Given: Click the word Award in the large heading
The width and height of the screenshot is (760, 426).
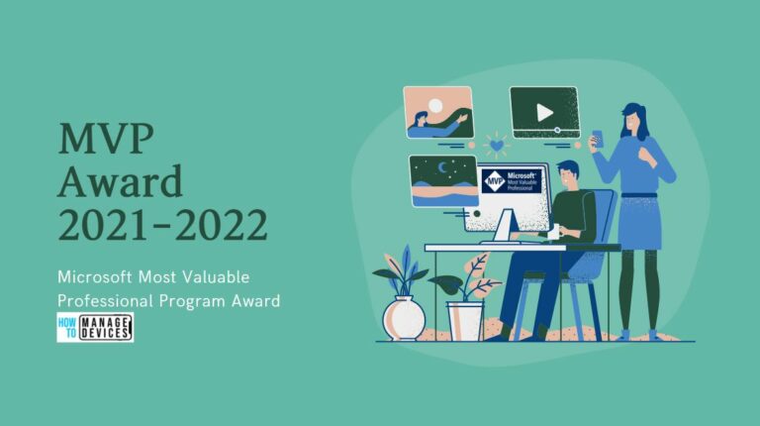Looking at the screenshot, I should (121, 182).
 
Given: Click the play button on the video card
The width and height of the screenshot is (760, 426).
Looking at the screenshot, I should (544, 112).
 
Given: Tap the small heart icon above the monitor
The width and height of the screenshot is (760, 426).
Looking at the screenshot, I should (495, 145).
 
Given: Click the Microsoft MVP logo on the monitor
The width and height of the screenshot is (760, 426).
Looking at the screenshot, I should (513, 181).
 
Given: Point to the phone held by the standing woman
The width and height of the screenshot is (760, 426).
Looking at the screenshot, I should (597, 139).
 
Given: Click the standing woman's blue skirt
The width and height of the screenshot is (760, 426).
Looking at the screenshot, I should (641, 222).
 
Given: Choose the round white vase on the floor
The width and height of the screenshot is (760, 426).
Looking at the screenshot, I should (404, 317).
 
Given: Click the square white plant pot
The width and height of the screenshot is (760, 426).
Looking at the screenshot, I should (464, 321).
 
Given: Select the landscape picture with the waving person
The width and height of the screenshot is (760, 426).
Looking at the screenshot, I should (437, 112).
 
